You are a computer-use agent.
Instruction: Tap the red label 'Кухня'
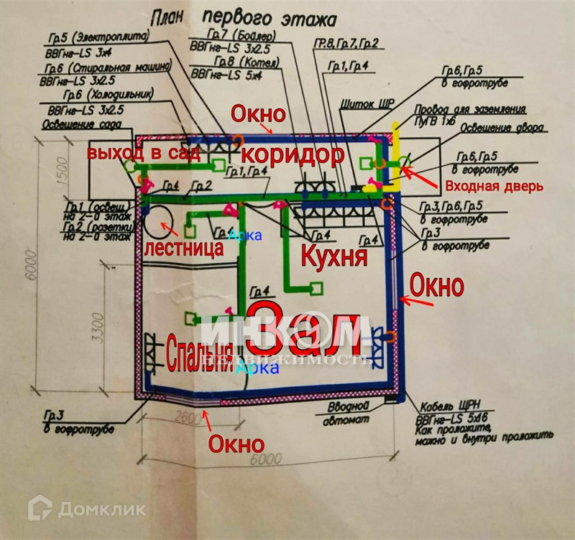click(x=333, y=256)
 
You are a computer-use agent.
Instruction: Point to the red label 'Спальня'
click(x=199, y=353)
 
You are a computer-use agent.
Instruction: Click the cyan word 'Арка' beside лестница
click(x=241, y=236)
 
